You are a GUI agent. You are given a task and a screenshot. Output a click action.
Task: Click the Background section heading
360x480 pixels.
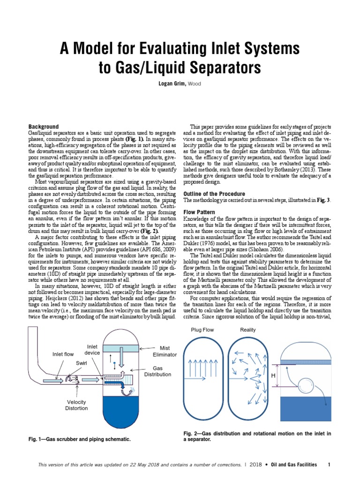coord(44,127)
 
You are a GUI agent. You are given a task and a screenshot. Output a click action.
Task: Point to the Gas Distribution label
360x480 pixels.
coord(158,371)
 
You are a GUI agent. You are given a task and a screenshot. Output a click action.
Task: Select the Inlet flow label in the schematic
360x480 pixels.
coord(63,354)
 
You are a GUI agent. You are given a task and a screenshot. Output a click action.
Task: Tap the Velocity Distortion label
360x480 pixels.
coord(76,405)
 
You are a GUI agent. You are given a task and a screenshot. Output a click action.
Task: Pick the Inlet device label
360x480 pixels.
coord(92,350)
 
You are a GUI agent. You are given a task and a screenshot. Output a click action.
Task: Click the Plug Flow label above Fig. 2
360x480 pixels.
coord(202,330)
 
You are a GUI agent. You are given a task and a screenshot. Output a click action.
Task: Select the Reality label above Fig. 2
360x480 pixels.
coord(248,330)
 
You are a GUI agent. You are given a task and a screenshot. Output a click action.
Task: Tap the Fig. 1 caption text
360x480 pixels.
coord(80,439)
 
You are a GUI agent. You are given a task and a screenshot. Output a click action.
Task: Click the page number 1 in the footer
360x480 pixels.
coord(330,465)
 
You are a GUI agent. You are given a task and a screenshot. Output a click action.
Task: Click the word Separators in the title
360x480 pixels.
coord(220,68)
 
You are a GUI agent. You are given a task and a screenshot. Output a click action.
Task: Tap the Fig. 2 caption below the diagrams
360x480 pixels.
coord(257,437)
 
